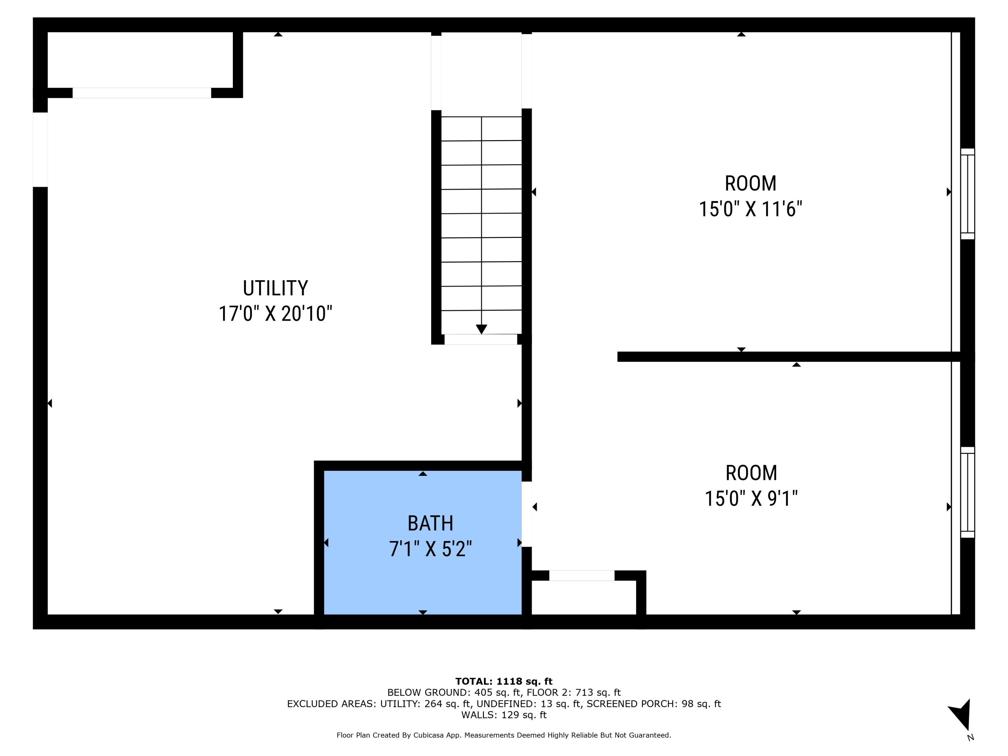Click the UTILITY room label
click(275, 288)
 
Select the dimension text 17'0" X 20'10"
click(275, 314)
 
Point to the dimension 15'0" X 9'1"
click(751, 499)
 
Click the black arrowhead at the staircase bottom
click(481, 329)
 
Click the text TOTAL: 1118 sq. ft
click(504, 681)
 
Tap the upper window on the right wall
click(967, 194)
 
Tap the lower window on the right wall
click(967, 492)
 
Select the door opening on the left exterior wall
click(40, 150)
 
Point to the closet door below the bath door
click(582, 576)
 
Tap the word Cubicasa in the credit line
click(430, 735)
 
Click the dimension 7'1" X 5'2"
click(430, 549)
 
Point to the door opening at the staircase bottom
click(481, 339)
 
